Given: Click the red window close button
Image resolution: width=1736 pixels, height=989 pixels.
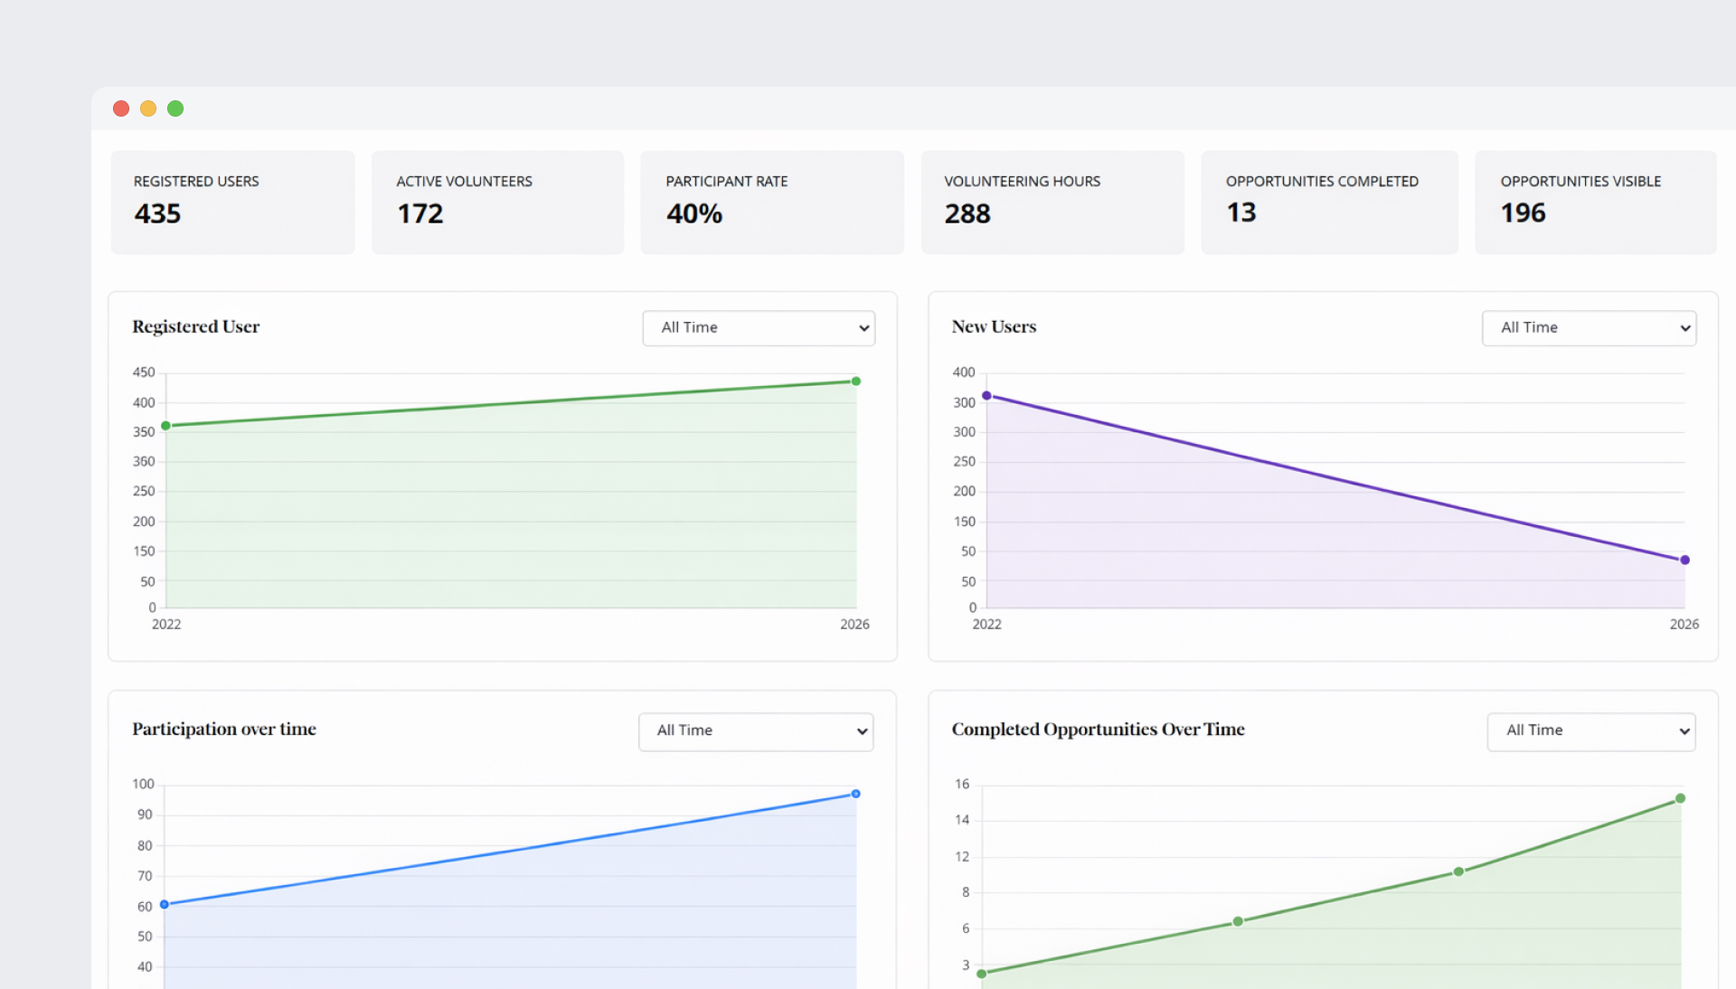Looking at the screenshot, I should [x=121, y=108].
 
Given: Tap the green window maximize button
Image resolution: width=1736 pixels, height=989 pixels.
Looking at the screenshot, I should [x=175, y=108].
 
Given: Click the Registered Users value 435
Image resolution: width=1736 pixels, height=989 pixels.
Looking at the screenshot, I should [x=157, y=214].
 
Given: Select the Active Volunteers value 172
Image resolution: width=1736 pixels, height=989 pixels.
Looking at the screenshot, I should [x=420, y=214].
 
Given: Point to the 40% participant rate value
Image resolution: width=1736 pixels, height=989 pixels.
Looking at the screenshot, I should [x=694, y=214].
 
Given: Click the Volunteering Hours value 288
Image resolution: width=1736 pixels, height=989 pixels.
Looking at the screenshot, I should [x=967, y=214].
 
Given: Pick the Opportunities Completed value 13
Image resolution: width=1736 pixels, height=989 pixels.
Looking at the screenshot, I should [x=1241, y=212].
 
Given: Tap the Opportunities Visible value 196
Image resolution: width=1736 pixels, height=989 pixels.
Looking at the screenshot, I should [x=1524, y=213].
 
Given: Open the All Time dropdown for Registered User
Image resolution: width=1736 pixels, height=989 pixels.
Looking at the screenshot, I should [x=759, y=328].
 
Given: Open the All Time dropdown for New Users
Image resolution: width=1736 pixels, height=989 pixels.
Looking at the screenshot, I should [x=1589, y=328].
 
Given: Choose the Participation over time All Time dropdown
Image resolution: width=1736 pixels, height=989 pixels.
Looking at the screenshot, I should [x=756, y=731].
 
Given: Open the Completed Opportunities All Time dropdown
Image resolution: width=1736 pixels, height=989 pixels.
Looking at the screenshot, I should [x=1590, y=731].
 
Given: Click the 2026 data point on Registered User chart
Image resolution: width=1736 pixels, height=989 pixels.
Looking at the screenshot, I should [x=856, y=381].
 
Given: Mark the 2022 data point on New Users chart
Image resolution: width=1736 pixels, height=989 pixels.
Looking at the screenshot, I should [x=986, y=396].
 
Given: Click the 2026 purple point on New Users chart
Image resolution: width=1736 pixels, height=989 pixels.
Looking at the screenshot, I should [x=1684, y=560].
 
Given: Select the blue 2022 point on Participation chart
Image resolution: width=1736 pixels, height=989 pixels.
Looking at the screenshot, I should [x=165, y=904].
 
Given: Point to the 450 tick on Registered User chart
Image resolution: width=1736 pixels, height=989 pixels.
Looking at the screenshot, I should [x=144, y=372].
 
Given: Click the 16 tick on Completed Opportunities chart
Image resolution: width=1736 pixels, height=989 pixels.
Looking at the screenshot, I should [x=962, y=784].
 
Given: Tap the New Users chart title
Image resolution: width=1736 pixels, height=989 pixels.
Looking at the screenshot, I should [x=994, y=327].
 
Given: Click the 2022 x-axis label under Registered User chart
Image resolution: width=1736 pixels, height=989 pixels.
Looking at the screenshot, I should [x=166, y=625].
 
